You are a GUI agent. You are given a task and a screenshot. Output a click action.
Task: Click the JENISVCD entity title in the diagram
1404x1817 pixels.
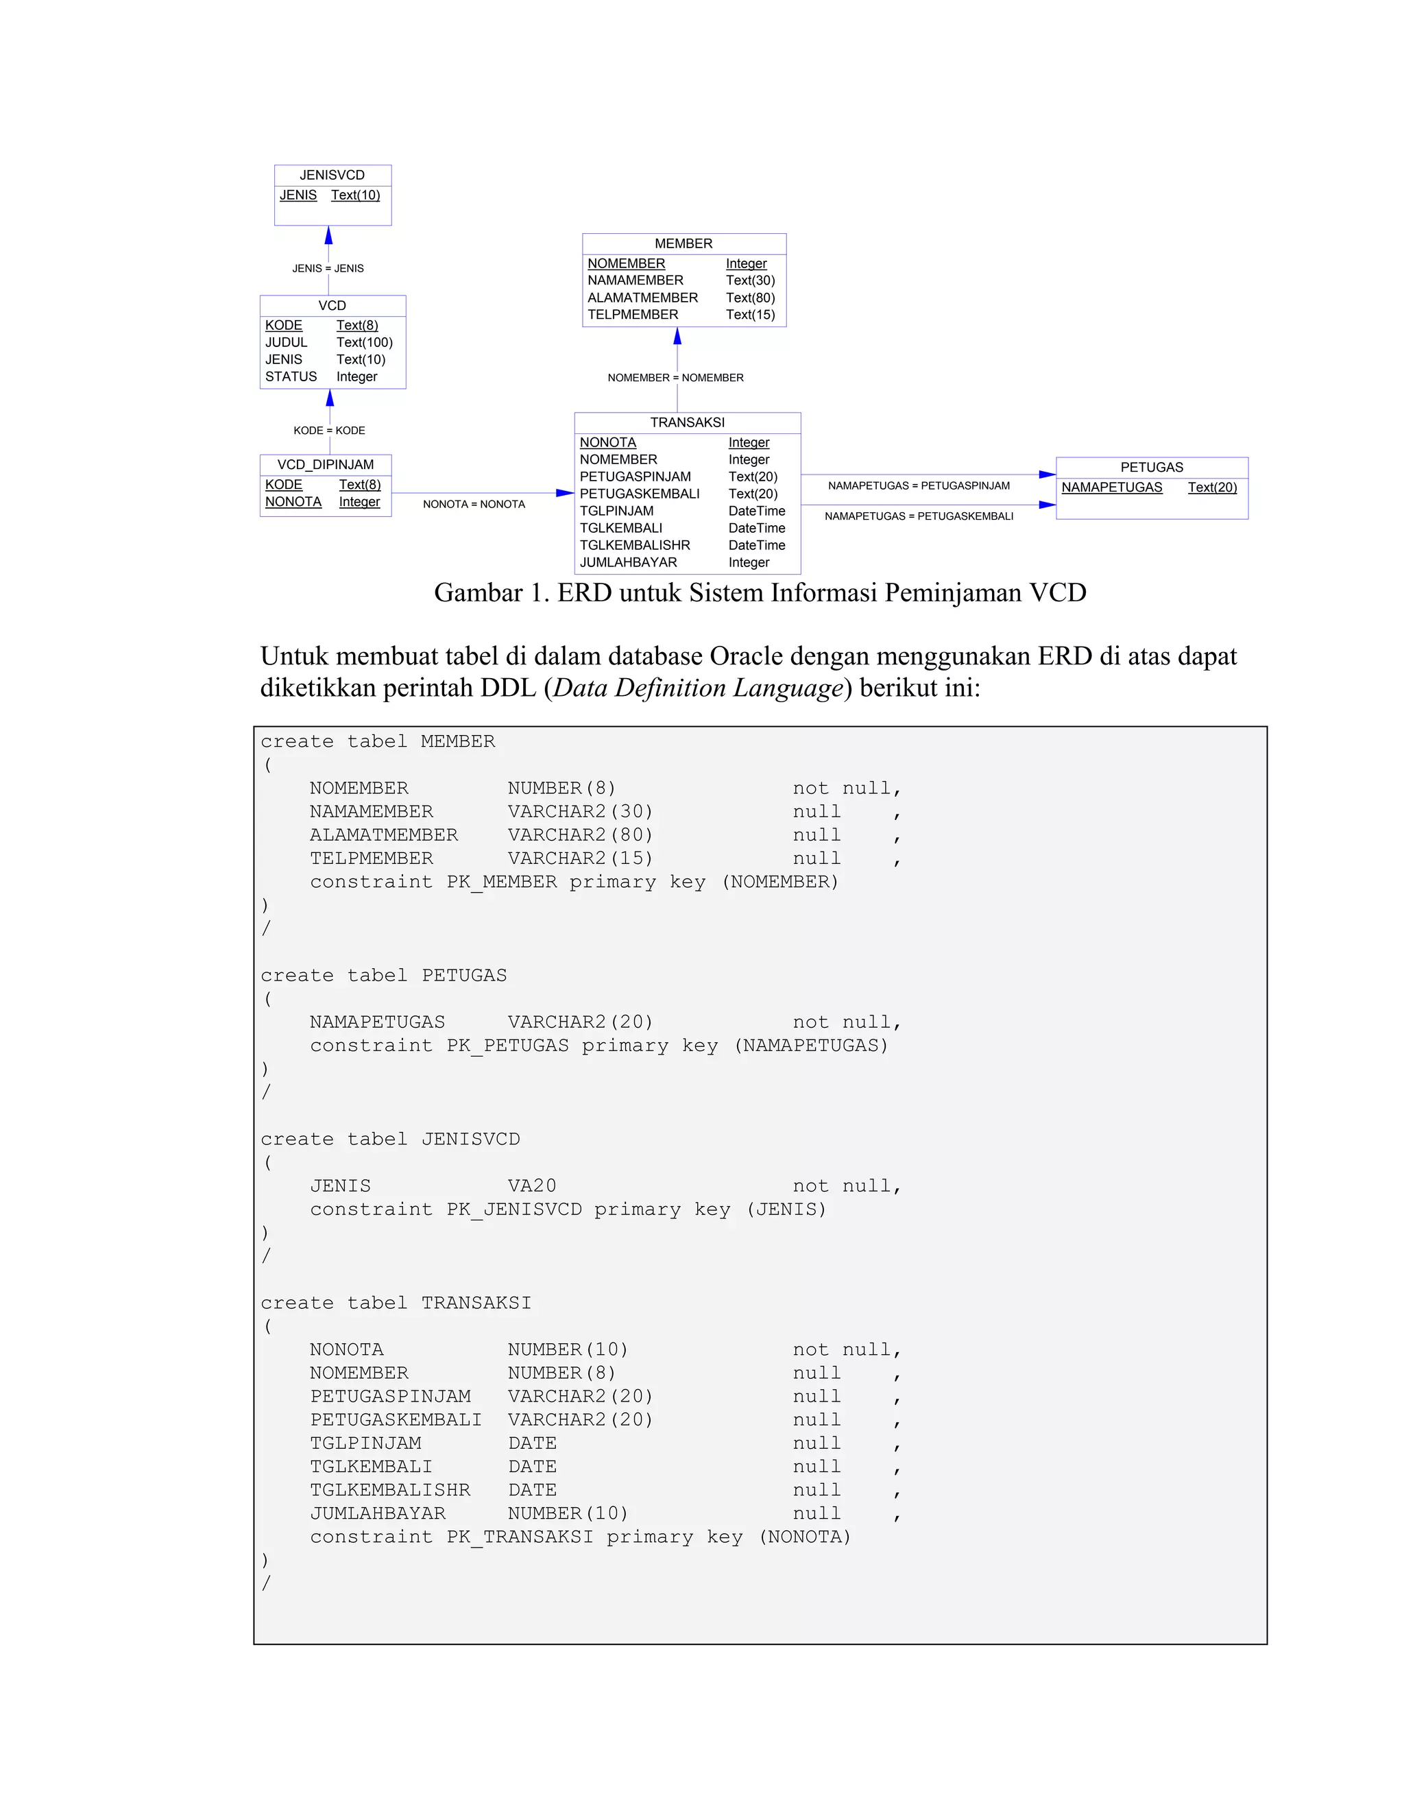pyautogui.click(x=332, y=176)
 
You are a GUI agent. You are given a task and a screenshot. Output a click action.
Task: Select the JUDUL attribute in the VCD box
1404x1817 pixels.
pyautogui.click(x=286, y=343)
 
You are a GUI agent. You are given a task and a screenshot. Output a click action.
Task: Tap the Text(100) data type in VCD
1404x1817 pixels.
pyautogui.click(x=364, y=343)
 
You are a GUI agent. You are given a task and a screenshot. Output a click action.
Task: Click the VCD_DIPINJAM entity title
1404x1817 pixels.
pyautogui.click(x=325, y=465)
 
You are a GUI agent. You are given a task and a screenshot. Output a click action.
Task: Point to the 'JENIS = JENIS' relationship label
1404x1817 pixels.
pyautogui.click(x=328, y=269)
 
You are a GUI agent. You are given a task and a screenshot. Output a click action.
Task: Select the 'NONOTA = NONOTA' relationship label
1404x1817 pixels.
pyautogui.click(x=473, y=504)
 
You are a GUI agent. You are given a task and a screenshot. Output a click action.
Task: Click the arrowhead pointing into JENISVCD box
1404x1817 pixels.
pyautogui.click(x=328, y=235)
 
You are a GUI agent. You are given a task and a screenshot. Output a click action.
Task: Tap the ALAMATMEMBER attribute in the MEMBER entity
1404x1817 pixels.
pyautogui.click(x=642, y=298)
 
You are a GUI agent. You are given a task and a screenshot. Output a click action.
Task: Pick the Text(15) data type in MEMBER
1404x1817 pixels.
pyautogui.click(x=750, y=315)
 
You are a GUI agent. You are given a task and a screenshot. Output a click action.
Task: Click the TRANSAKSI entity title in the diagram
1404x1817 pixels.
pyautogui.click(x=687, y=422)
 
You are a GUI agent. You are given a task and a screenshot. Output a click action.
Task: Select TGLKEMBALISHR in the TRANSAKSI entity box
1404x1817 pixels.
pyautogui.click(x=635, y=546)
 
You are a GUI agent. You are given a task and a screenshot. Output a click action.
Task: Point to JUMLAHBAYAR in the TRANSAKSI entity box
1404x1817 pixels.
pyautogui.click(x=628, y=563)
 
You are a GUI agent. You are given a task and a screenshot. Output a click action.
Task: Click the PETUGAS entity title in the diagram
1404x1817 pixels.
pyautogui.click(x=1151, y=468)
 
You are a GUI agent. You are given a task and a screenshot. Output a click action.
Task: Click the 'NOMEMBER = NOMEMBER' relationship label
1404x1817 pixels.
pyautogui.click(x=675, y=378)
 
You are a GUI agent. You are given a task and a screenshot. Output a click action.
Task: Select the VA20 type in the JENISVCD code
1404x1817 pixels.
pyautogui.click(x=531, y=1186)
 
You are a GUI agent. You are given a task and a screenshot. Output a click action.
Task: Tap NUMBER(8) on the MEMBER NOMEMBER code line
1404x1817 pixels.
pyautogui.click(x=561, y=789)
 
